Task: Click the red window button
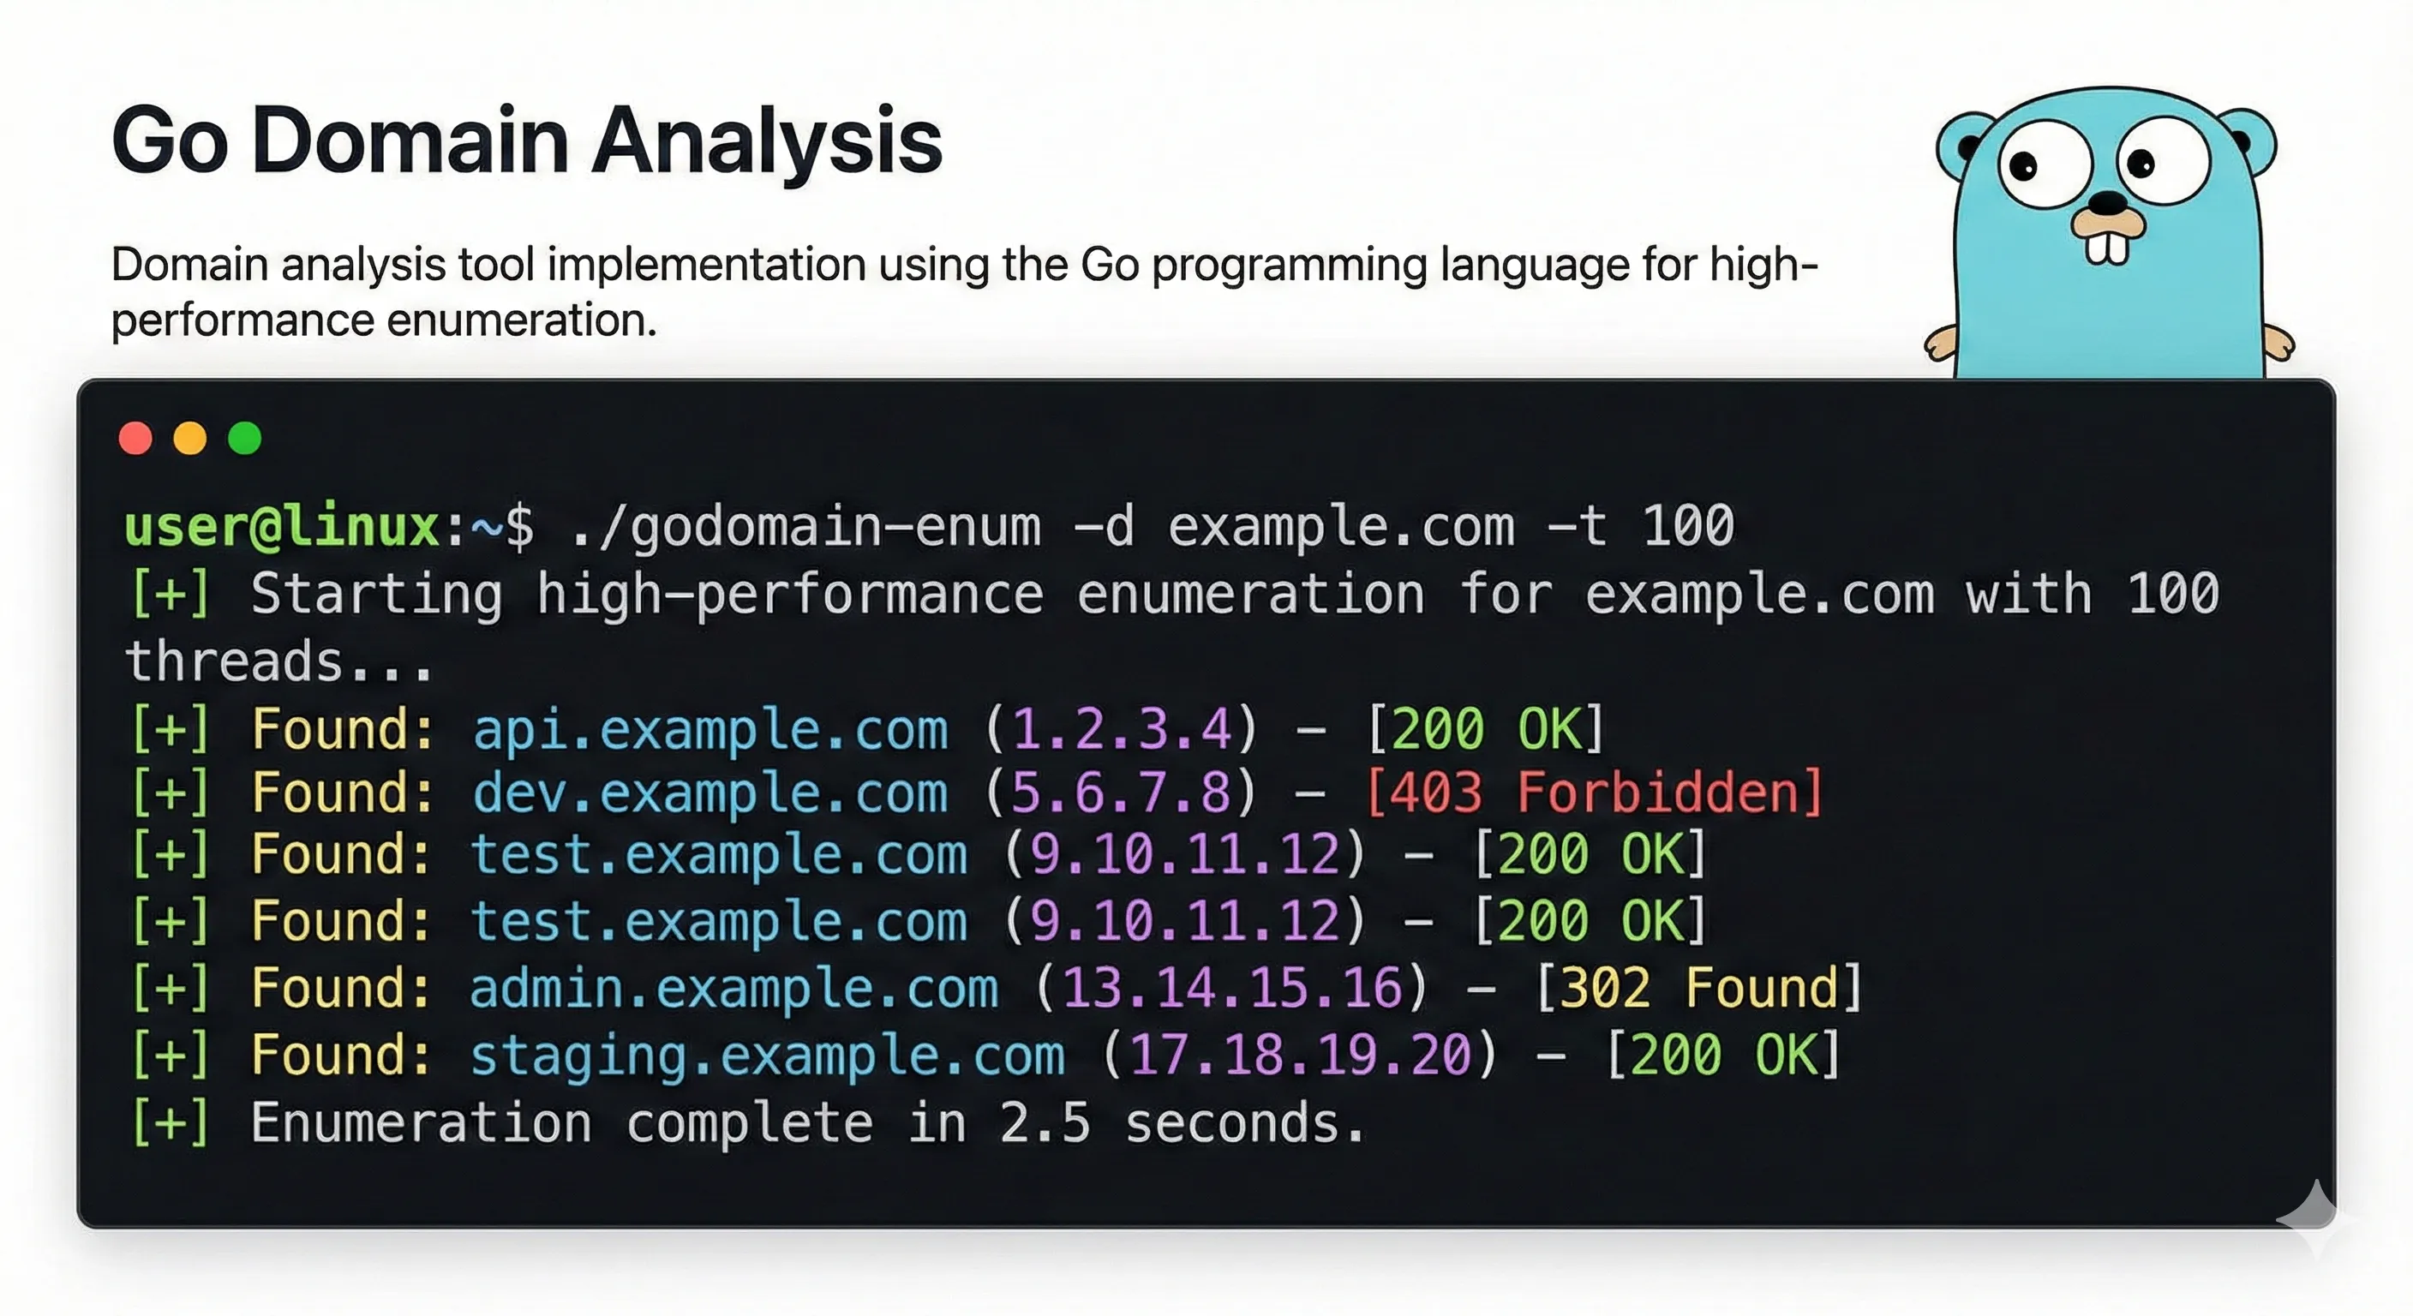pyautogui.click(x=136, y=439)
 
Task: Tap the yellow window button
pyautogui.click(x=190, y=439)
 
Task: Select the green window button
pyautogui.click(x=245, y=439)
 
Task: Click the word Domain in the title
pyautogui.click(x=410, y=141)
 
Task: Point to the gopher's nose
pyautogui.click(x=2109, y=200)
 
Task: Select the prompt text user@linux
pyautogui.click(x=282, y=526)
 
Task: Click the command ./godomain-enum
pyautogui.click(x=805, y=526)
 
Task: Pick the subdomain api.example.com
pyautogui.click(x=710, y=730)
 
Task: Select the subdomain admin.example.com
pyautogui.click(x=733, y=989)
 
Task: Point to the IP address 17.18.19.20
pyautogui.click(x=1300, y=1056)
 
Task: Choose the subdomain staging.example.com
pyautogui.click(x=767, y=1056)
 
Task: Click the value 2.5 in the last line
pyautogui.click(x=1045, y=1123)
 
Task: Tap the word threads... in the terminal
pyautogui.click(x=279, y=661)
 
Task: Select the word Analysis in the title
pyautogui.click(x=767, y=141)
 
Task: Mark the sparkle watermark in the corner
pyautogui.click(x=2315, y=1217)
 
